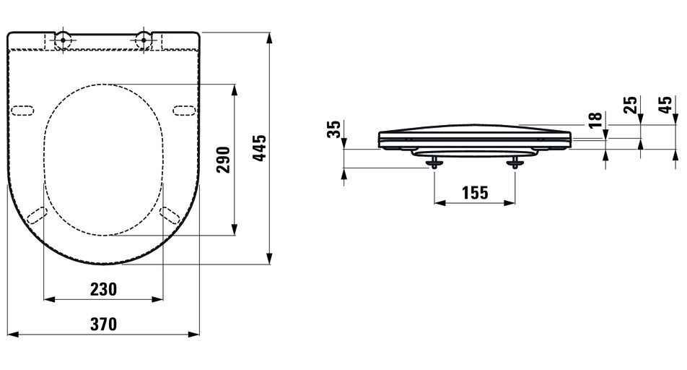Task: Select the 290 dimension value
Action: (223, 159)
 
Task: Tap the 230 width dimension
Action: (103, 289)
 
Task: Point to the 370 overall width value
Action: (103, 324)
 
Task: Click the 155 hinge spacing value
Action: (474, 193)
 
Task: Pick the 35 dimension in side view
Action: (333, 131)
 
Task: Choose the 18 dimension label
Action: (594, 120)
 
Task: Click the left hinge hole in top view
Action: (63, 40)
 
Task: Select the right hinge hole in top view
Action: (144, 40)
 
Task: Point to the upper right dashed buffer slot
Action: (185, 110)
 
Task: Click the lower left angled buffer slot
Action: (36, 215)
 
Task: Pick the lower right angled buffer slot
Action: (170, 215)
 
